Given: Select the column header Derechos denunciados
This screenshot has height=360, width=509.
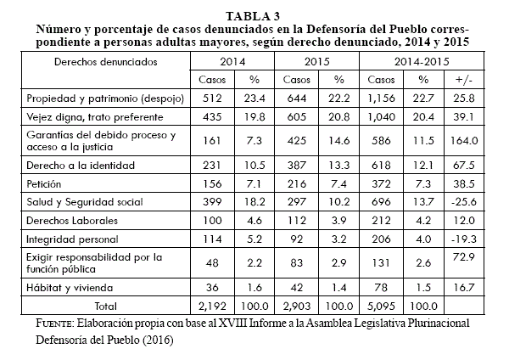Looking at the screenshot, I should point(93,63).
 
